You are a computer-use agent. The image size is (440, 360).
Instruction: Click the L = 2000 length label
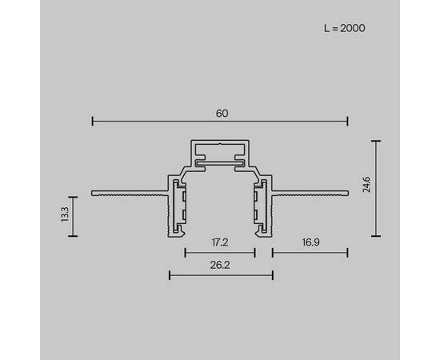(345, 28)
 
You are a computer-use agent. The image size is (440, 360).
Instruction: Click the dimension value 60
(222, 113)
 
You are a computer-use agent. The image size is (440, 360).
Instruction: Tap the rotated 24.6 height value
(365, 188)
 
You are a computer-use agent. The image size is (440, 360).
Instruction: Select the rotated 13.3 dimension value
(64, 216)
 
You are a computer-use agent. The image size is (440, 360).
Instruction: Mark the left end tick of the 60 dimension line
(93, 122)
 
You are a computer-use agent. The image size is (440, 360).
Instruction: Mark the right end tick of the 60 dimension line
(348, 122)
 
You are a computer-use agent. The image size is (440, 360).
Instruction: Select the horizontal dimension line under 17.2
(220, 252)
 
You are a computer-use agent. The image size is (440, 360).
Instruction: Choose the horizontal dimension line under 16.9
(310, 252)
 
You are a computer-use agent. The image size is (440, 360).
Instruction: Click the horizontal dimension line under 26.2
(221, 275)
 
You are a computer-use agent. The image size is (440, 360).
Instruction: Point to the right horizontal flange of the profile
(312, 193)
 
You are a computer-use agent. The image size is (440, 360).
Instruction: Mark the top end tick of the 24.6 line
(375, 141)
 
